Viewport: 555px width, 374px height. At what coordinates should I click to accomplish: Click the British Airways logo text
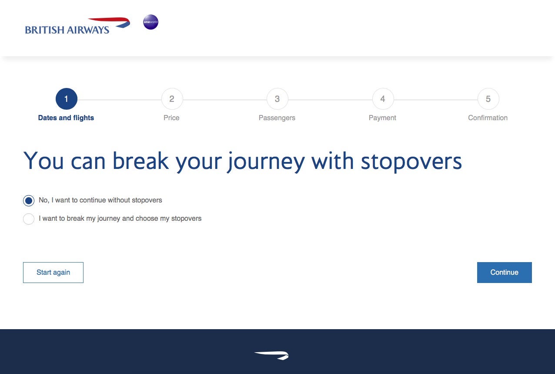coord(67,30)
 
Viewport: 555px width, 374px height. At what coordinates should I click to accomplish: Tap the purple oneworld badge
coord(150,22)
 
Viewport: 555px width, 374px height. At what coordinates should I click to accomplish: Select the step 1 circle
coord(67,99)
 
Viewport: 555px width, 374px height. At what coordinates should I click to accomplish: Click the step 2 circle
coord(172,99)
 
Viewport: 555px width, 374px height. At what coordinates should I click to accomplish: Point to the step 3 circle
coord(277,99)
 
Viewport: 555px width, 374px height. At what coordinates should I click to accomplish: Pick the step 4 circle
coord(383,99)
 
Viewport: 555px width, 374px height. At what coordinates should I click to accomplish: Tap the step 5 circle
coord(488,99)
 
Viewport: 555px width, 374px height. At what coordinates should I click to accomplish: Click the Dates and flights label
coord(66,118)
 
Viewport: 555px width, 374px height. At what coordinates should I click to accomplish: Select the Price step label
coord(171,118)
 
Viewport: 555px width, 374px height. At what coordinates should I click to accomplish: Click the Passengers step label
coord(277,118)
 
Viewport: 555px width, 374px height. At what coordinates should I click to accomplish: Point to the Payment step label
coord(382,118)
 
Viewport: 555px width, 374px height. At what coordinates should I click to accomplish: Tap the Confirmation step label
coord(488,118)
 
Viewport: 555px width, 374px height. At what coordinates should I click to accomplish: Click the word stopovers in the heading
coord(411,162)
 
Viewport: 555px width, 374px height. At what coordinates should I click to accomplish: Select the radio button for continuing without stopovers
coord(29,201)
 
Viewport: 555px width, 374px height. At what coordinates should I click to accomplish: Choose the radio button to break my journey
coord(29,219)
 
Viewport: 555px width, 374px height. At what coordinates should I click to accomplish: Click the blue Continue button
coord(505,272)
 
